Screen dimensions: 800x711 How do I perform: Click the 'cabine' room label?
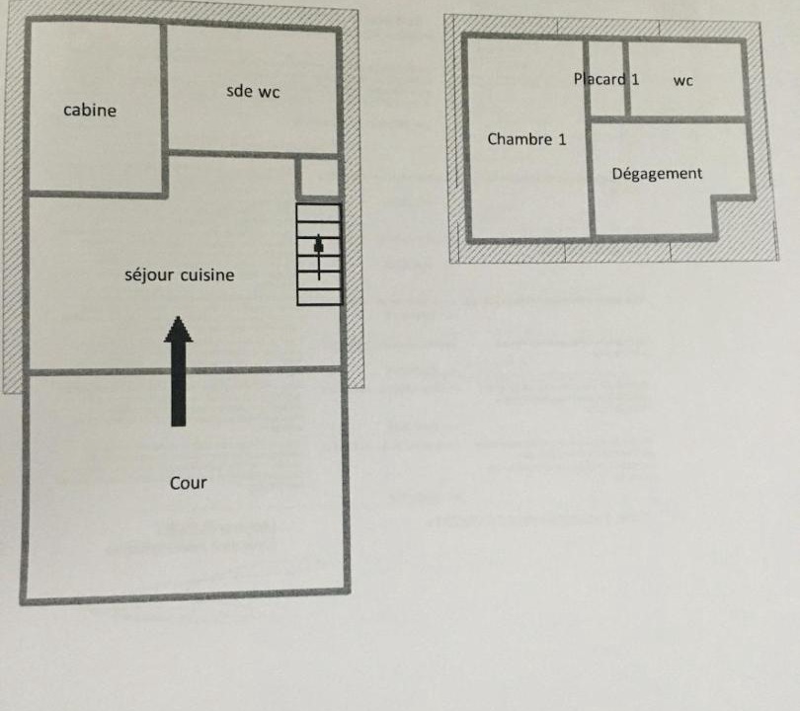tap(90, 110)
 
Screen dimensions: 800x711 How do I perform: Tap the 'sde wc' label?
tap(253, 91)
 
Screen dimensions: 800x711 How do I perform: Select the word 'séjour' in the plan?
tap(149, 276)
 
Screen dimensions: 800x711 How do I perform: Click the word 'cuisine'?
tap(207, 275)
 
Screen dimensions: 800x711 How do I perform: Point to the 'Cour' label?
tap(189, 483)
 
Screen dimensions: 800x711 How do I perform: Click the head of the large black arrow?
tap(178, 329)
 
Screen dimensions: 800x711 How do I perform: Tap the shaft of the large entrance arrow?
tap(179, 383)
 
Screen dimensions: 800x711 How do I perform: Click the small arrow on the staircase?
tap(319, 257)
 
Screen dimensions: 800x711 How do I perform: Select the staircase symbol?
tap(319, 255)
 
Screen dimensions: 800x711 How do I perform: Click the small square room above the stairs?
tap(319, 179)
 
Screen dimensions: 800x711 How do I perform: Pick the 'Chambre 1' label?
tap(527, 139)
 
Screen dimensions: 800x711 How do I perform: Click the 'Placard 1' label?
tap(606, 79)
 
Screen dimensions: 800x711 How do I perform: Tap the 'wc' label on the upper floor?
tap(683, 81)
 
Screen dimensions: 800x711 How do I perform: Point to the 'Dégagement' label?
tap(657, 174)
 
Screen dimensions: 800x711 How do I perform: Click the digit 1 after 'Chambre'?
tap(562, 139)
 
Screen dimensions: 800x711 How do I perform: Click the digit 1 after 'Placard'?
tap(635, 79)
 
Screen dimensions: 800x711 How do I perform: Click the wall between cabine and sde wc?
tap(164, 110)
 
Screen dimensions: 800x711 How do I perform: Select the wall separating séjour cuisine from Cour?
tap(185, 370)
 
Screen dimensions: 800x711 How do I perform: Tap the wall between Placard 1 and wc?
tap(627, 79)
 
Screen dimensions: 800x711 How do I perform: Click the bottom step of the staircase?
tap(319, 297)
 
